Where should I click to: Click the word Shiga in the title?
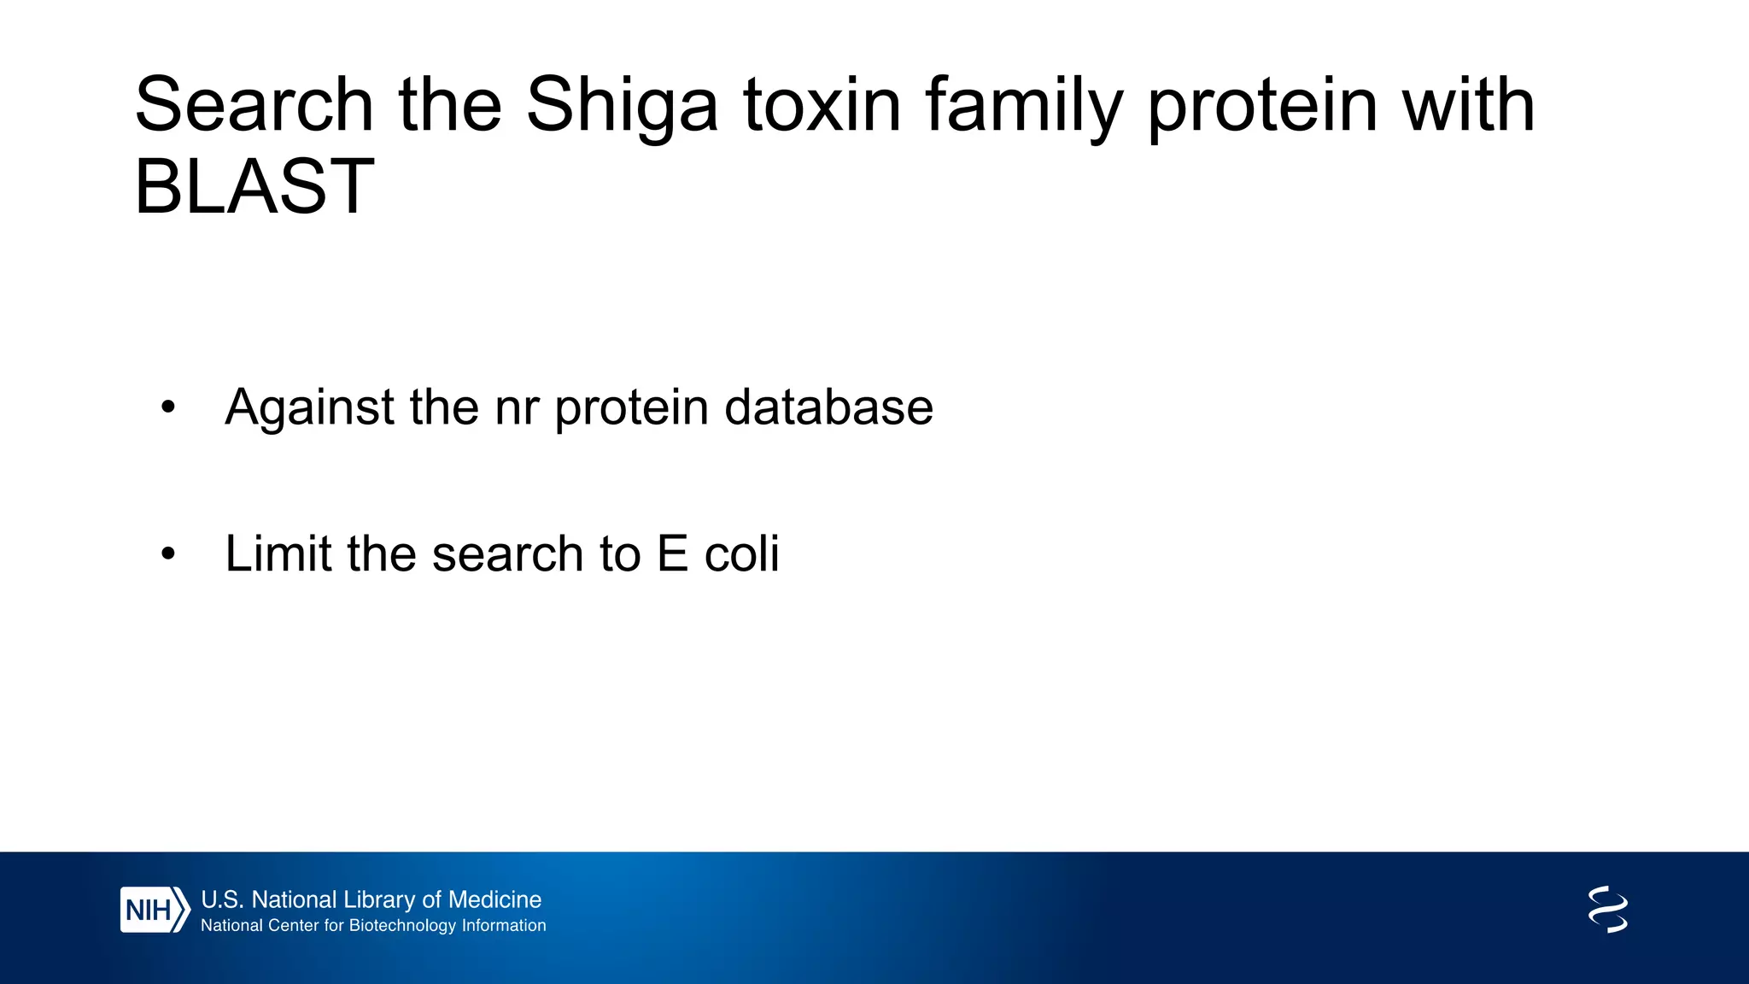tap(622, 106)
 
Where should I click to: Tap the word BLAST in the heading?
tap(254, 187)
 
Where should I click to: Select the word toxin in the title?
tap(822, 106)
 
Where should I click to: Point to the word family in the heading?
tap(1023, 106)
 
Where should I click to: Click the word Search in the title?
tap(254, 106)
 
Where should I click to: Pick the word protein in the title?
tap(1262, 106)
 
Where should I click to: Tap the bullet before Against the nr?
tap(168, 408)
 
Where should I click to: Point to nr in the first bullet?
tap(517, 408)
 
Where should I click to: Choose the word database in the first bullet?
tap(828, 407)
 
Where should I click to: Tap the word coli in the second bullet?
tap(741, 553)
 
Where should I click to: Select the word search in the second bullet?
tap(508, 553)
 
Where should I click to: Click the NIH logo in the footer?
tap(154, 910)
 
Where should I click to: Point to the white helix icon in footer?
tap(1607, 910)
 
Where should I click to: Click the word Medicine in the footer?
tap(494, 899)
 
